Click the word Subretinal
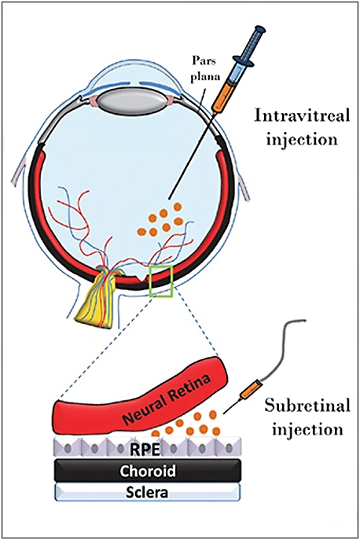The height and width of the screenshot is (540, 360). pos(302,409)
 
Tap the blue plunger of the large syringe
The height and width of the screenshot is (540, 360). pos(259,37)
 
